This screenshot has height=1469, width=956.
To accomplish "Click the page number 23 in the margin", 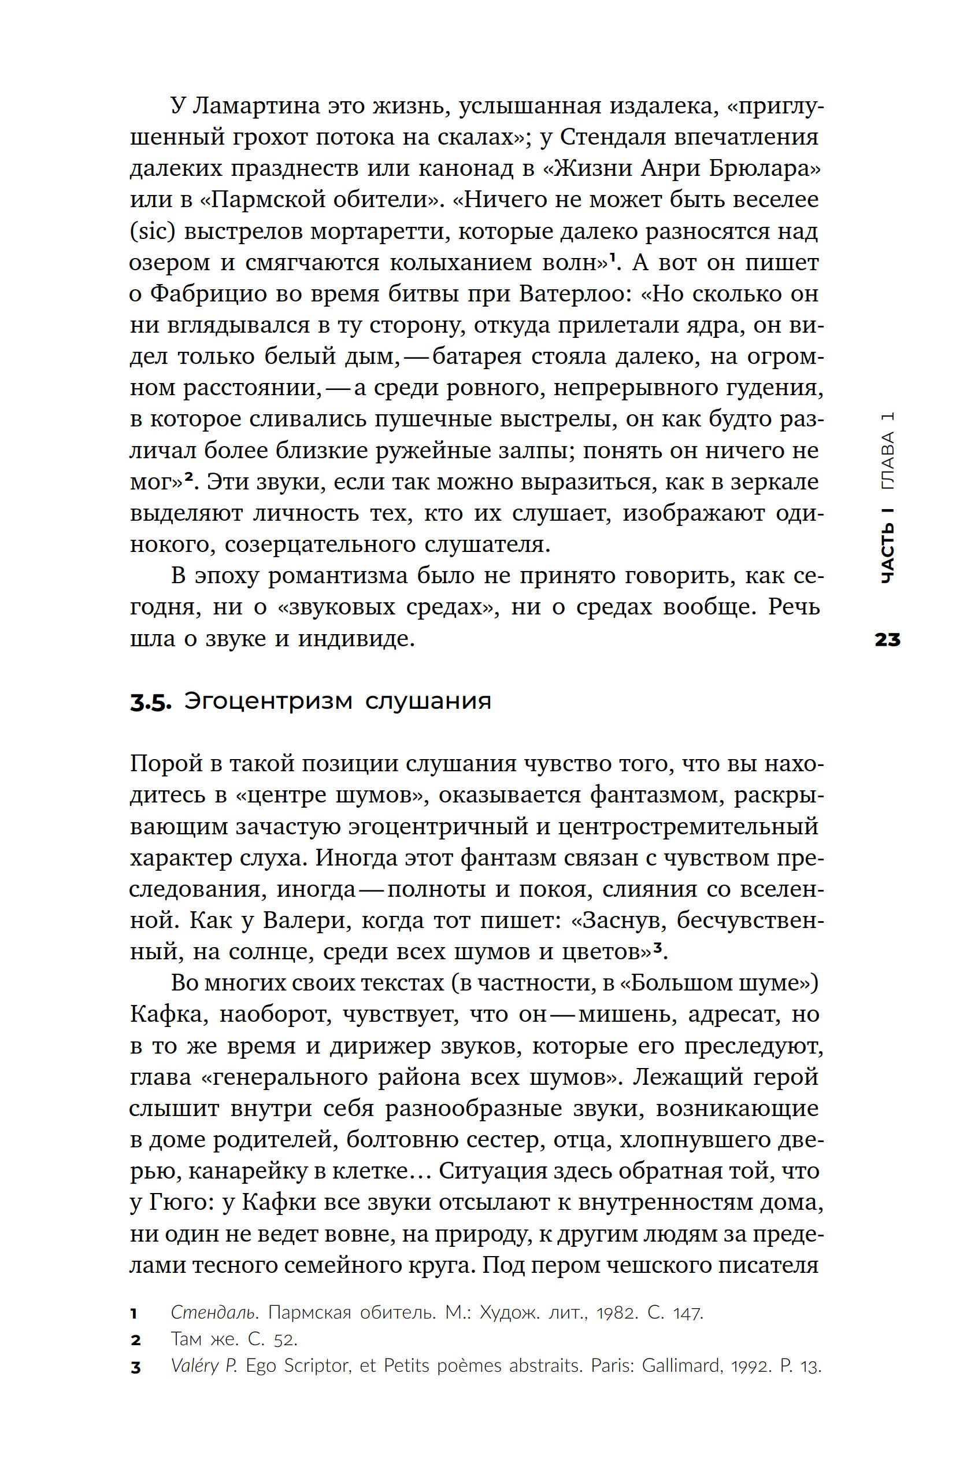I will [x=887, y=639].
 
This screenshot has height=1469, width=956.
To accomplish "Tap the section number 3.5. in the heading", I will [x=150, y=702].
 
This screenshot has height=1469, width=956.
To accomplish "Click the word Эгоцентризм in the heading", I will [x=268, y=701].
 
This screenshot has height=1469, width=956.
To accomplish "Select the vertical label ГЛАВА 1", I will [x=887, y=450].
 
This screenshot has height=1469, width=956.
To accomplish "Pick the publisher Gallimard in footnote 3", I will [x=681, y=1366].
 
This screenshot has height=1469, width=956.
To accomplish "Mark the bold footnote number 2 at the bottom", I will [x=136, y=1340].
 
